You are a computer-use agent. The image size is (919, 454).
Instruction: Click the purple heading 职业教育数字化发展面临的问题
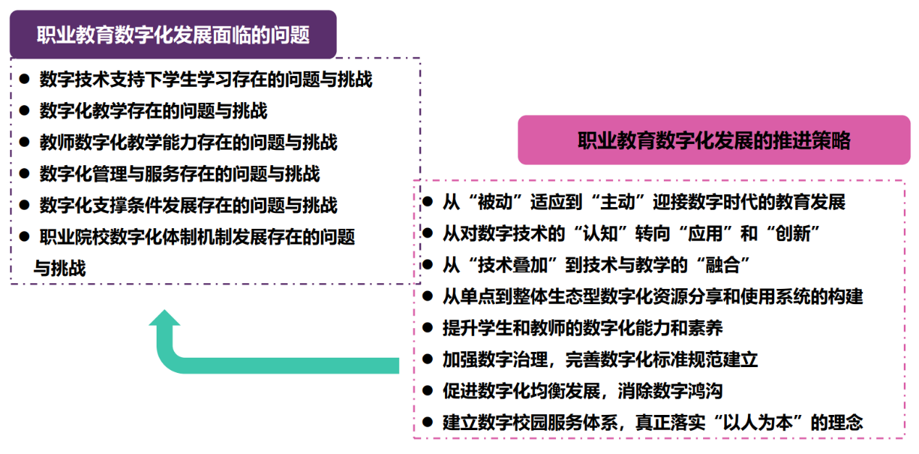[x=173, y=35]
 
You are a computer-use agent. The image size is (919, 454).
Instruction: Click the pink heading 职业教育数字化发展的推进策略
[x=714, y=140]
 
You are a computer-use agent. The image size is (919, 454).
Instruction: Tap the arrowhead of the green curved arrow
[x=165, y=318]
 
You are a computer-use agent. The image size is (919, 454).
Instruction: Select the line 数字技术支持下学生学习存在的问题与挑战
[x=206, y=79]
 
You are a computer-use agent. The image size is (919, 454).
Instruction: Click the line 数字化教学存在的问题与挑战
[x=154, y=111]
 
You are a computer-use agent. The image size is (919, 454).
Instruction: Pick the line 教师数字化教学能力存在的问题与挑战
[x=188, y=142]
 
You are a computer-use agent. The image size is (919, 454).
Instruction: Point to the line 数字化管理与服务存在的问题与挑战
[x=180, y=174]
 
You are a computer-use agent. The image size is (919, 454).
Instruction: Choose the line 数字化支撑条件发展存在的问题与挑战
[x=188, y=206]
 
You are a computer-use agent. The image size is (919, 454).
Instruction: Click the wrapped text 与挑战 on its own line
[x=60, y=269]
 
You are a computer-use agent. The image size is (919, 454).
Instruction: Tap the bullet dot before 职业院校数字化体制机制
[x=25, y=237]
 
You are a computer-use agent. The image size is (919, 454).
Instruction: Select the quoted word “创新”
[x=793, y=234]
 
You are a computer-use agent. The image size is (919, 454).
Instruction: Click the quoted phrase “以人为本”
[x=758, y=422]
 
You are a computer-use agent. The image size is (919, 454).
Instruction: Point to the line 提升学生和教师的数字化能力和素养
[x=583, y=328]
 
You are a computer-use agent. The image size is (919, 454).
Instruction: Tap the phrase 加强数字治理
[x=495, y=360]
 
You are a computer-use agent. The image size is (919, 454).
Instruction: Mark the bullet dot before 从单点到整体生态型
[x=428, y=296]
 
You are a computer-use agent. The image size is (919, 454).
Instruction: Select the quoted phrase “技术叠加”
[x=512, y=265]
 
